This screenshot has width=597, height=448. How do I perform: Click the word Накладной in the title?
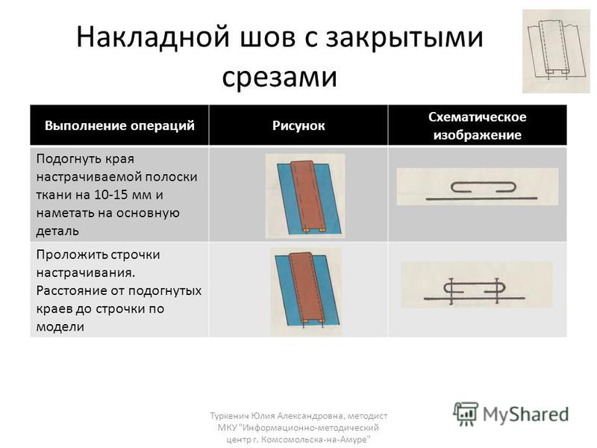click(x=153, y=37)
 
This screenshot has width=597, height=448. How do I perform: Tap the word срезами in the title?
click(x=279, y=78)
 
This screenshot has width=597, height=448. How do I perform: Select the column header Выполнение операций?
click(x=119, y=125)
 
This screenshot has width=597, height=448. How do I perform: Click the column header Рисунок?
click(x=298, y=125)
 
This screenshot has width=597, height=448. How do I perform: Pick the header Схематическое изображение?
click(x=478, y=125)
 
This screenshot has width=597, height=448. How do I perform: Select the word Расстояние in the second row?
click(x=78, y=290)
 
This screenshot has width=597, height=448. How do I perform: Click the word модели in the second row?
click(x=60, y=327)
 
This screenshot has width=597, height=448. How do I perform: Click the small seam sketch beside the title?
click(x=556, y=52)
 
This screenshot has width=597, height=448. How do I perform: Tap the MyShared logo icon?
click(x=466, y=414)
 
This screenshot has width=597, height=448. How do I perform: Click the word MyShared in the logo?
click(x=525, y=414)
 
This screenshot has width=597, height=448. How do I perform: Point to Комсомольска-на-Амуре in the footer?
click(x=316, y=439)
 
